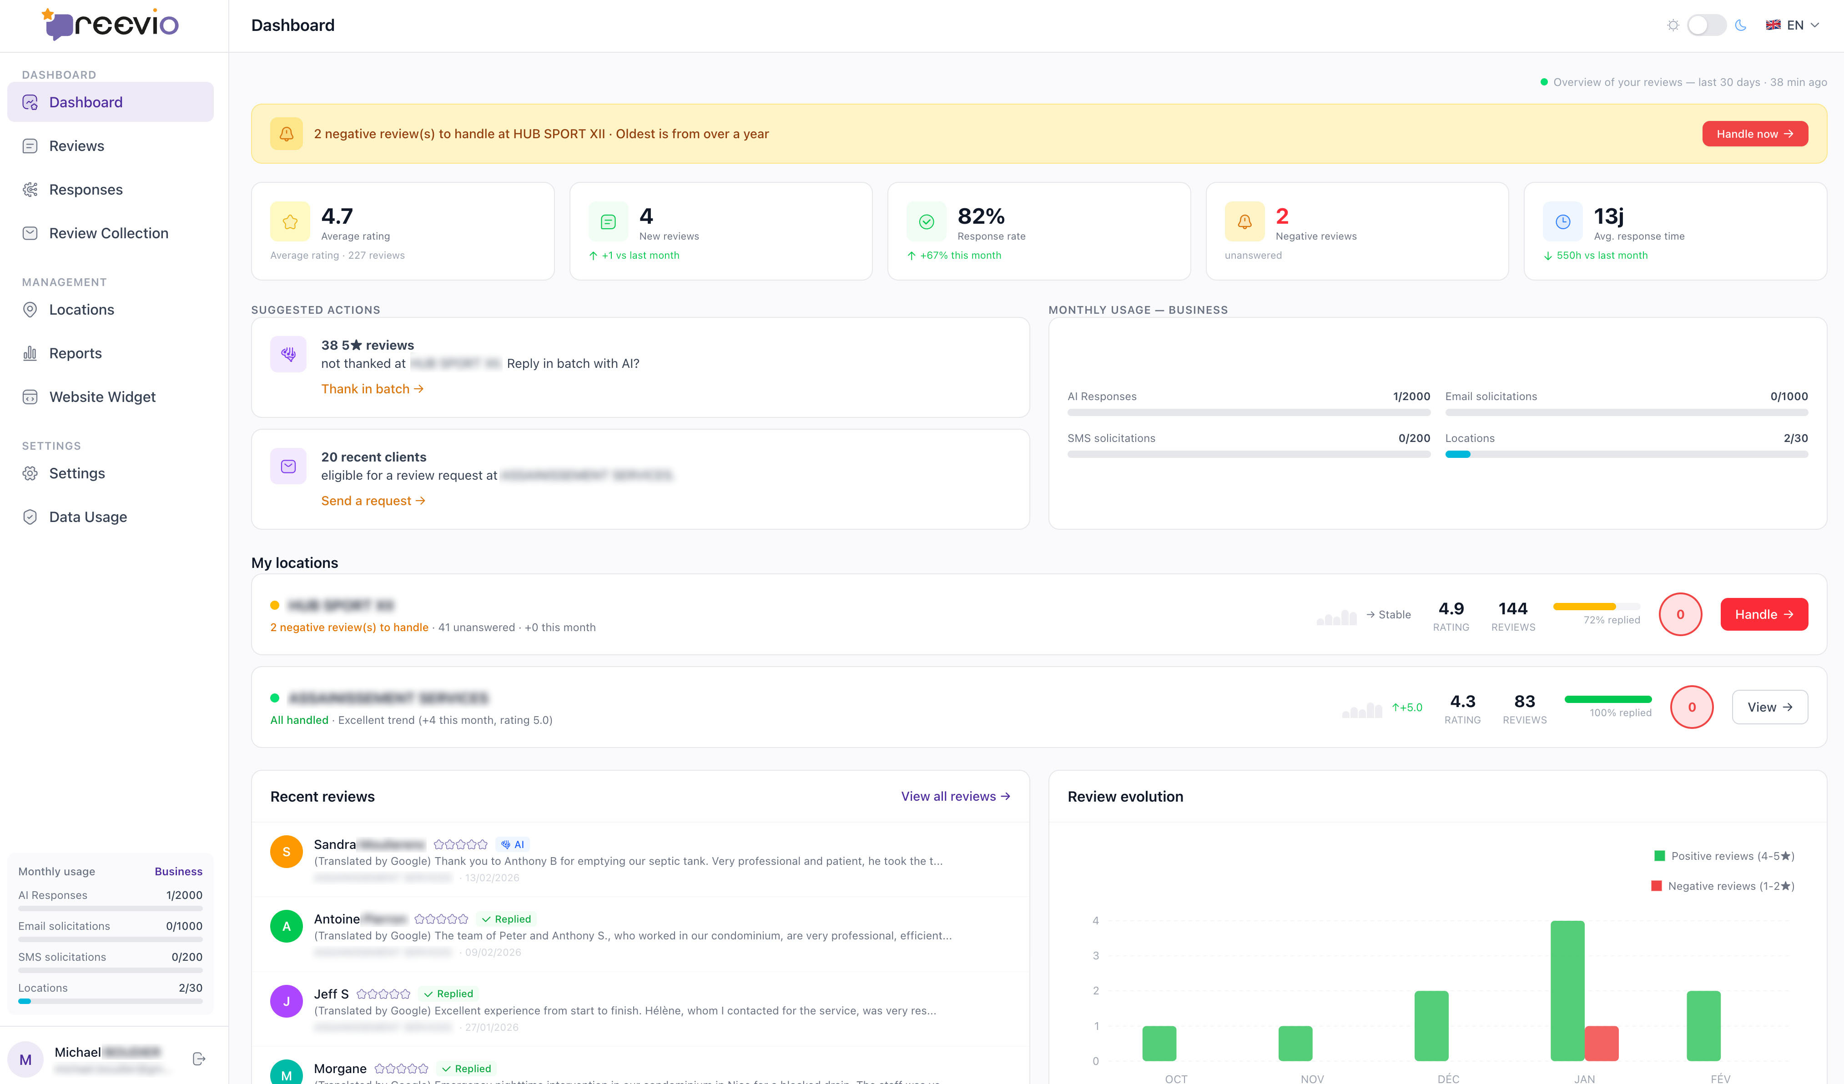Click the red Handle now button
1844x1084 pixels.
[1754, 134]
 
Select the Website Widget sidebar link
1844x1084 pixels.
[102, 397]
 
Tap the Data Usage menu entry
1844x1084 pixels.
[88, 517]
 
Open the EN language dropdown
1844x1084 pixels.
[1792, 25]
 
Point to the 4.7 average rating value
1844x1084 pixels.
[337, 216]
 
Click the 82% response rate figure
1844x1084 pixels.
[981, 216]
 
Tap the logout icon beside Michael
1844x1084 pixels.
[198, 1059]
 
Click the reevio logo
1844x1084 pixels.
[111, 25]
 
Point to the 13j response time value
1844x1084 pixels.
[1608, 216]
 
